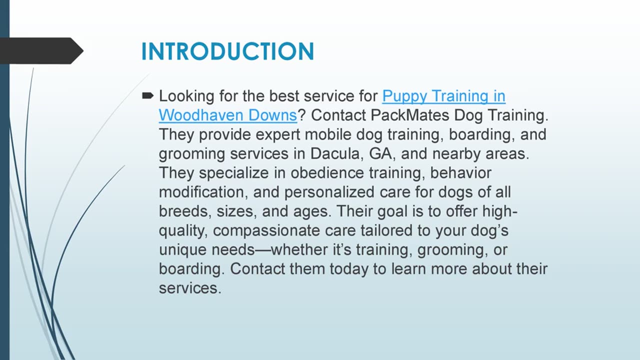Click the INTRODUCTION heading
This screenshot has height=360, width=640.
click(227, 51)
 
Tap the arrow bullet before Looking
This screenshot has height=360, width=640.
click(148, 95)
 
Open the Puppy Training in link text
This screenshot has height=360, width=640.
click(443, 95)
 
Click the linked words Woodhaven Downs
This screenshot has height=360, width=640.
click(228, 115)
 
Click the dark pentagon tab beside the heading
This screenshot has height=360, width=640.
click(40, 50)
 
